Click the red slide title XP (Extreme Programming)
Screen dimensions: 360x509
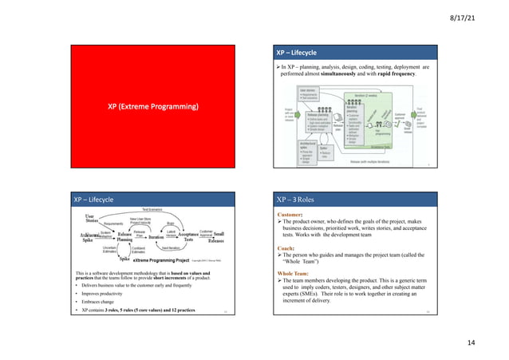tap(154, 106)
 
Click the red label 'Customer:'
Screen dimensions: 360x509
tap(294, 192)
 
